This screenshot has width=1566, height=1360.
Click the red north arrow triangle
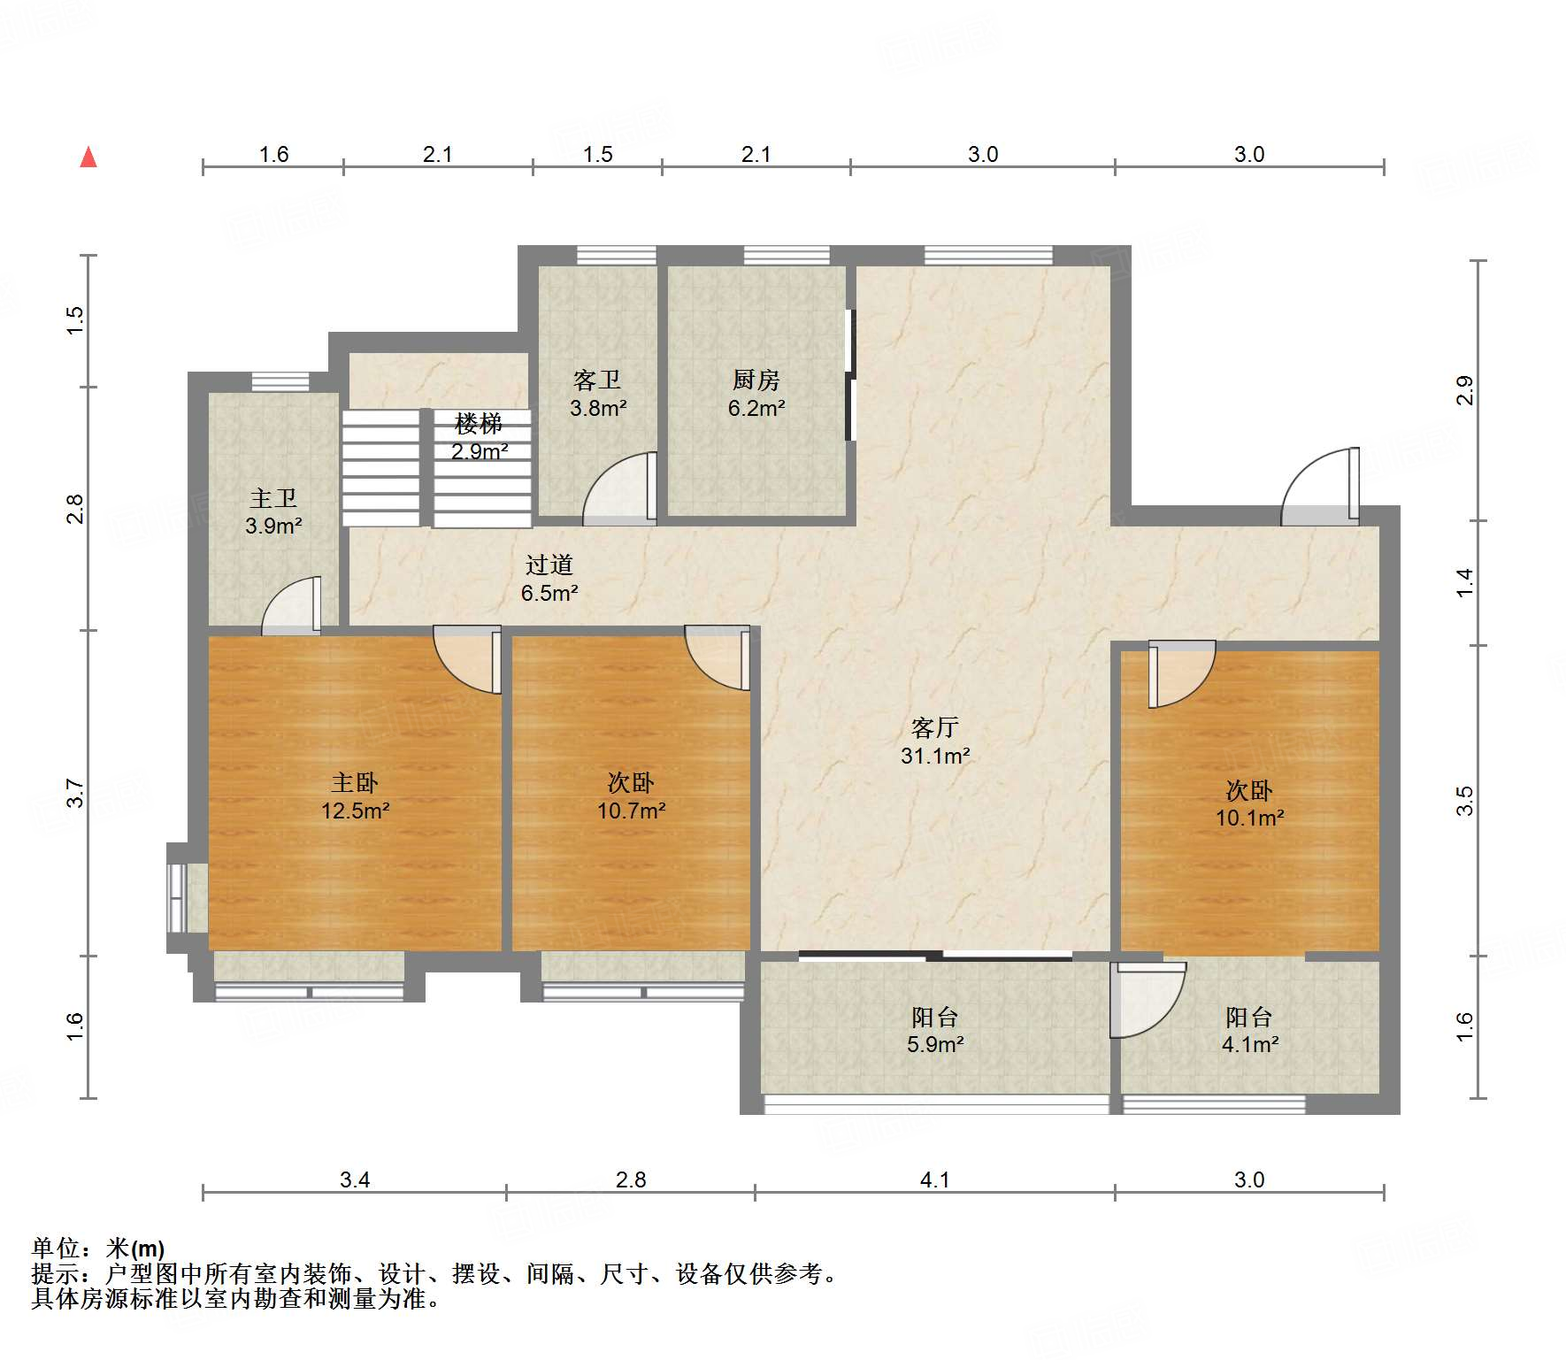[x=88, y=158]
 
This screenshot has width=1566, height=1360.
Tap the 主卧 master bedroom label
[x=355, y=782]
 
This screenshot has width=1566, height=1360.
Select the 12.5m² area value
[x=356, y=811]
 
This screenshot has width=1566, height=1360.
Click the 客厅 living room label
[x=935, y=727]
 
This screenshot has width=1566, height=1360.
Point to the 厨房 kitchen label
[x=756, y=380]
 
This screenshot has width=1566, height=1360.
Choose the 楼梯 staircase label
[x=479, y=423]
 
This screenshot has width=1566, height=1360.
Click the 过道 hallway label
[x=549, y=565]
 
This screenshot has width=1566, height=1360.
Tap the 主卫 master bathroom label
[x=273, y=498]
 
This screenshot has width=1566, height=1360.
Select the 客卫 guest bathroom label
[x=597, y=380]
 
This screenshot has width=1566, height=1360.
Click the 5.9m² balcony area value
[x=935, y=1044]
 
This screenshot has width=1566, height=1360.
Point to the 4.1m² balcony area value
[x=1250, y=1044]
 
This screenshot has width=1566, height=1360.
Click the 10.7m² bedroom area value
[x=632, y=811]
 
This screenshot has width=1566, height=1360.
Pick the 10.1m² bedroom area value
[x=1250, y=818]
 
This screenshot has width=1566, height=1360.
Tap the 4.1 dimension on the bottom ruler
[x=935, y=1179]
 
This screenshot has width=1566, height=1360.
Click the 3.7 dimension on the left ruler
[x=75, y=793]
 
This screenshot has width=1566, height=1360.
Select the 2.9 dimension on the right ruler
[x=1465, y=390]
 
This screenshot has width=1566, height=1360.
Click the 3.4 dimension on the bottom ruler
[x=355, y=1179]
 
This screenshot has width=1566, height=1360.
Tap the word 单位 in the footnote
[x=56, y=1249]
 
